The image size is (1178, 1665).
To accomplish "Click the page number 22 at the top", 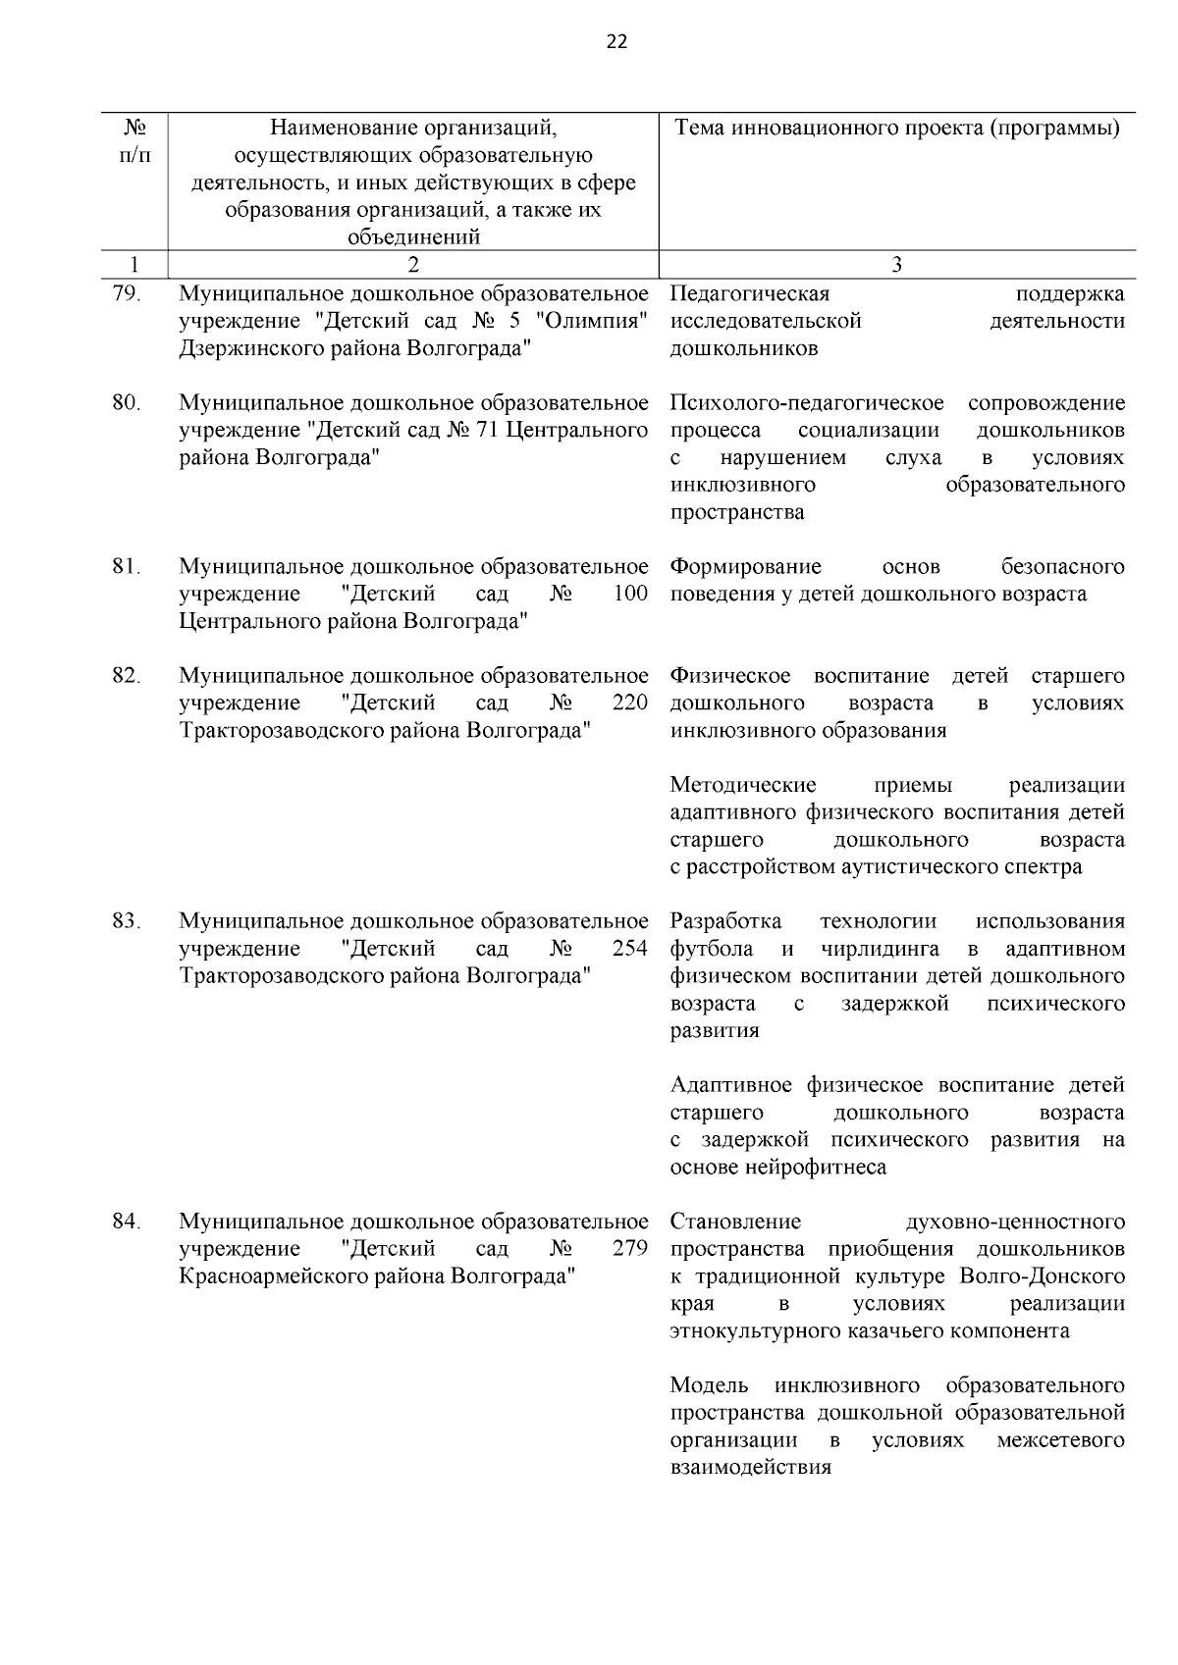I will (x=616, y=41).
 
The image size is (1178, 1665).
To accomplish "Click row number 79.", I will (x=127, y=293).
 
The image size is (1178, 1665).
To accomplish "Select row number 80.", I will (x=127, y=402).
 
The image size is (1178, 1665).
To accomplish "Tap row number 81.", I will (x=127, y=566).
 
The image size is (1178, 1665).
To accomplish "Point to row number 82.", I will (x=127, y=675).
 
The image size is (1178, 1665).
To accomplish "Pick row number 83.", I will (x=127, y=921).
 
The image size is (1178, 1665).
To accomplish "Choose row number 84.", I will (x=127, y=1222).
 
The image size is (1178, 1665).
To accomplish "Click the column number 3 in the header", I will (x=896, y=264).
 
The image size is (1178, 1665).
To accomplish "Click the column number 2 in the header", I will (x=413, y=264).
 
